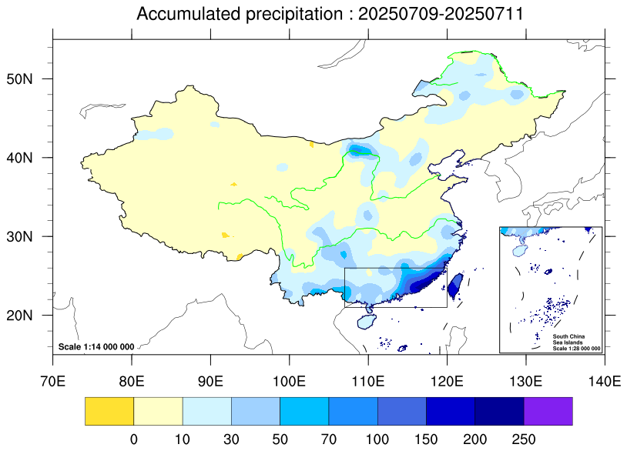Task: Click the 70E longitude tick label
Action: (x=53, y=381)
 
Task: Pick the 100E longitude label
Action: (x=290, y=381)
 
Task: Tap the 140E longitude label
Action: (x=604, y=381)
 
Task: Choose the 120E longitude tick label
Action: (x=447, y=381)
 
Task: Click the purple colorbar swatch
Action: (x=548, y=411)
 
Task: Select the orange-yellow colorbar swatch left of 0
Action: (x=109, y=411)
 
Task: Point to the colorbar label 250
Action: (x=524, y=438)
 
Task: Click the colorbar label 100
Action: (x=377, y=438)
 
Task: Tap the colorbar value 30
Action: (x=231, y=438)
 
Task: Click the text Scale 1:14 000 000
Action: (x=96, y=347)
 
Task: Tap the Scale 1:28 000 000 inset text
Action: (x=576, y=349)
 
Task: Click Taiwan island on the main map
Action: (x=454, y=286)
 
